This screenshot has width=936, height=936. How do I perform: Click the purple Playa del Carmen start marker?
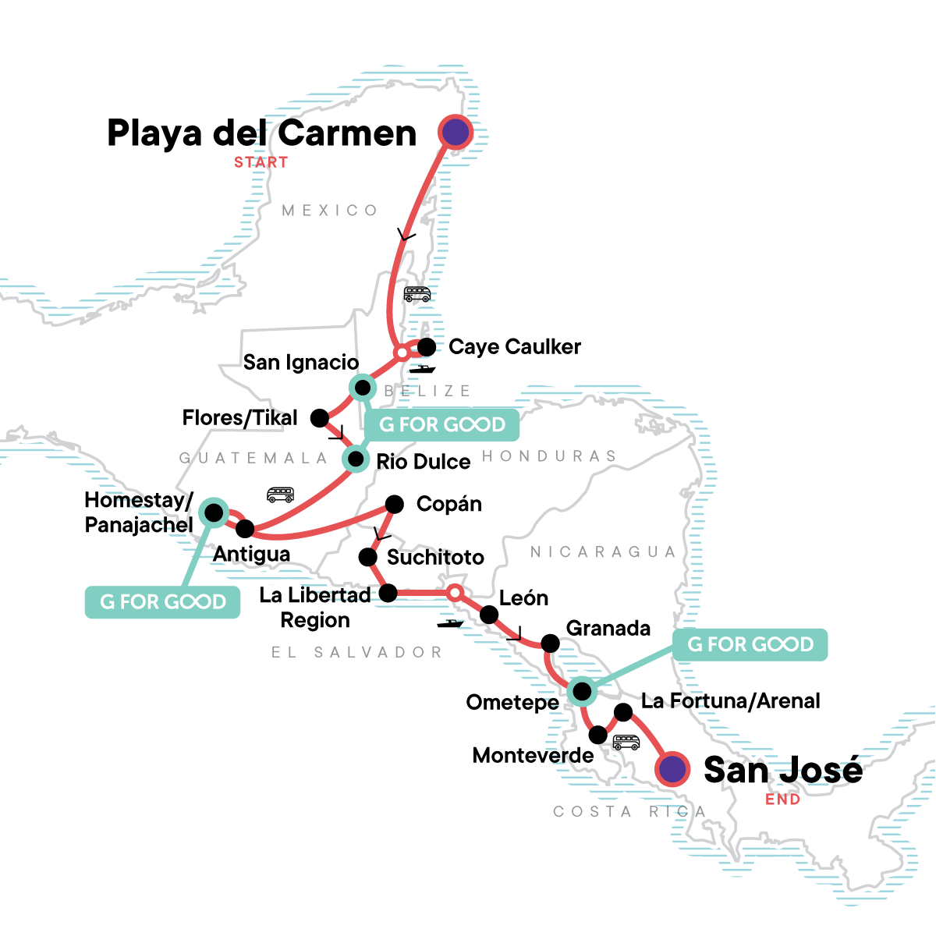456,132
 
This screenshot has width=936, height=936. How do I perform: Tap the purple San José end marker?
672,769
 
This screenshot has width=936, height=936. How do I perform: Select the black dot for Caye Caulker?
427,346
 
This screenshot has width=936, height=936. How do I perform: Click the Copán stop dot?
395,504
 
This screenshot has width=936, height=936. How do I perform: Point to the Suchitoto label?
435,557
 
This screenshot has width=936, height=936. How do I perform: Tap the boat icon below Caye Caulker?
423,369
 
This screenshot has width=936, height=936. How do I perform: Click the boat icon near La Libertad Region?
450,623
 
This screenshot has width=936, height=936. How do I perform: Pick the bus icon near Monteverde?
626,742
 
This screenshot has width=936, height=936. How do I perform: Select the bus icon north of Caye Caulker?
417,294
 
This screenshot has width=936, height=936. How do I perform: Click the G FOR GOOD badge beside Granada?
750,645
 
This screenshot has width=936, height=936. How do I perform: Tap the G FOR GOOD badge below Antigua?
162,602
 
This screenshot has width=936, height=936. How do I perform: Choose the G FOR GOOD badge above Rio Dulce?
441,425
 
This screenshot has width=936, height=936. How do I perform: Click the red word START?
261,162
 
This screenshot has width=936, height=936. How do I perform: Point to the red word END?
782,799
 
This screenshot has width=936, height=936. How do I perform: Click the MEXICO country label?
330,211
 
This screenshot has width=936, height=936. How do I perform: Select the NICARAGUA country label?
603,552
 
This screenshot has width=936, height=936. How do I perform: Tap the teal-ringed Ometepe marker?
581,691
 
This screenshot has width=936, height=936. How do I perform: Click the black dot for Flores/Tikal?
319,418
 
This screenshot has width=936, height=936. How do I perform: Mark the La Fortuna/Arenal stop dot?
623,712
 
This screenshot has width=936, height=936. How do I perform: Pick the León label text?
523,598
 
